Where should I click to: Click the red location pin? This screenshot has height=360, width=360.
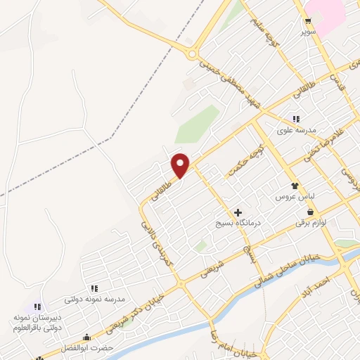pos(181,165)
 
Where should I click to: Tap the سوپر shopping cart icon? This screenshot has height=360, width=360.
pos(307,20)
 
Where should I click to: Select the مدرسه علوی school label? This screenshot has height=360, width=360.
pos(298,131)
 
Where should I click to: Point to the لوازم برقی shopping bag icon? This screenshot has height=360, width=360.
pos(309,211)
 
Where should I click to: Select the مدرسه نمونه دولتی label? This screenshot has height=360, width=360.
pos(94,299)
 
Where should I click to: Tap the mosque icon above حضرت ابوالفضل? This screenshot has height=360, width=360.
pos(87,337)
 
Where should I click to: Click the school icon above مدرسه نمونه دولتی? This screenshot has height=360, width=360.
pos(94,288)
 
